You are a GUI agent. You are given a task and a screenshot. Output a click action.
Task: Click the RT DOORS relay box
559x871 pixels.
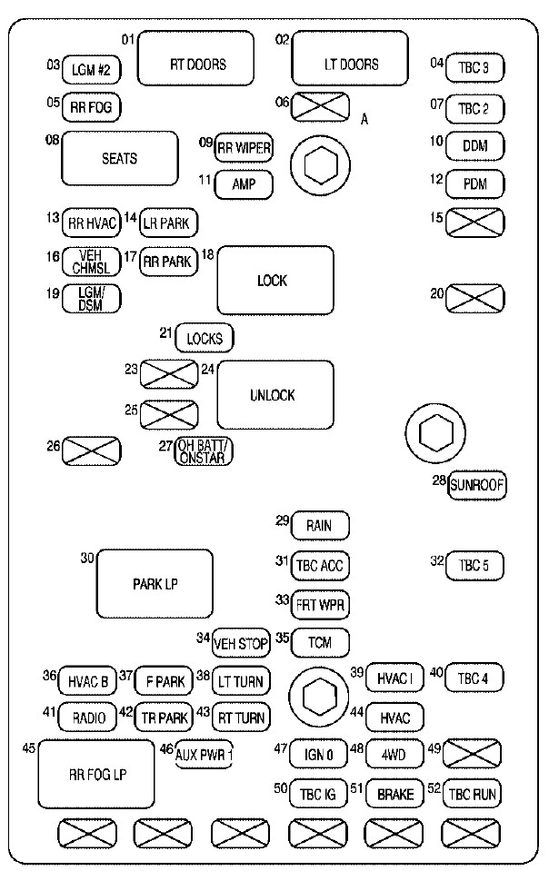pyautogui.click(x=195, y=58)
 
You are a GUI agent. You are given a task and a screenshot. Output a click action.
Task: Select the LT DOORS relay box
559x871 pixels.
pyautogui.click(x=350, y=58)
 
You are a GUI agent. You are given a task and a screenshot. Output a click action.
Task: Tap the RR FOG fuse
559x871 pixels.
pyautogui.click(x=91, y=107)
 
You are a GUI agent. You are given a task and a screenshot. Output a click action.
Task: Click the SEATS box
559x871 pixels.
pyautogui.click(x=120, y=158)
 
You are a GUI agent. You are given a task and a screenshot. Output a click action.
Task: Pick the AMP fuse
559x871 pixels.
pyautogui.click(x=244, y=185)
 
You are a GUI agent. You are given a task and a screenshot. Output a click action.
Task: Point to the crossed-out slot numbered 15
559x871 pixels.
pyautogui.click(x=475, y=223)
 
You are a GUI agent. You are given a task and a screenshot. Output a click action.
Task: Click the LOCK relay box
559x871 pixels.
pyautogui.click(x=275, y=281)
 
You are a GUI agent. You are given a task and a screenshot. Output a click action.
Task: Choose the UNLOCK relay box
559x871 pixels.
pyautogui.click(x=275, y=395)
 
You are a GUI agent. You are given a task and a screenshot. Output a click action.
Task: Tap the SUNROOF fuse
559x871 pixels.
pyautogui.click(x=477, y=485)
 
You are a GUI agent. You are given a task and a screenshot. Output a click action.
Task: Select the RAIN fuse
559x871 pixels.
pyautogui.click(x=320, y=526)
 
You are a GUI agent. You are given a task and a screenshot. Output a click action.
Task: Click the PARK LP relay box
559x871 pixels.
pyautogui.click(x=155, y=584)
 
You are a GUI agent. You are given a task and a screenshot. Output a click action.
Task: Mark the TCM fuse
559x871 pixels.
pyautogui.click(x=320, y=643)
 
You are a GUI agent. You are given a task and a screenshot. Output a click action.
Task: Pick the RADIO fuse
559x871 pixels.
pyautogui.click(x=88, y=718)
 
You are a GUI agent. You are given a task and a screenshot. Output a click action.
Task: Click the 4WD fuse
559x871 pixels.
pyautogui.click(x=394, y=755)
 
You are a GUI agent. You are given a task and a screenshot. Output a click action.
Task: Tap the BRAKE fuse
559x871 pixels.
pyautogui.click(x=395, y=794)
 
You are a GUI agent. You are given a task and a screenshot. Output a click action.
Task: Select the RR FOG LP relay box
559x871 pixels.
pyautogui.click(x=96, y=774)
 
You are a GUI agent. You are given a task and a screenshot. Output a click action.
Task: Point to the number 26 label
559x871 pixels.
pyautogui.click(x=54, y=446)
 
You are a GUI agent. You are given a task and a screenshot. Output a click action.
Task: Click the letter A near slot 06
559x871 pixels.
pyautogui.click(x=364, y=119)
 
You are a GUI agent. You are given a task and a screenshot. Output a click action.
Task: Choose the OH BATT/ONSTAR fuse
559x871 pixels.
pyautogui.click(x=204, y=451)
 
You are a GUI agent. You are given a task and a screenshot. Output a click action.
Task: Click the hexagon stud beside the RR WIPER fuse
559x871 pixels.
pyautogui.click(x=321, y=165)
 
